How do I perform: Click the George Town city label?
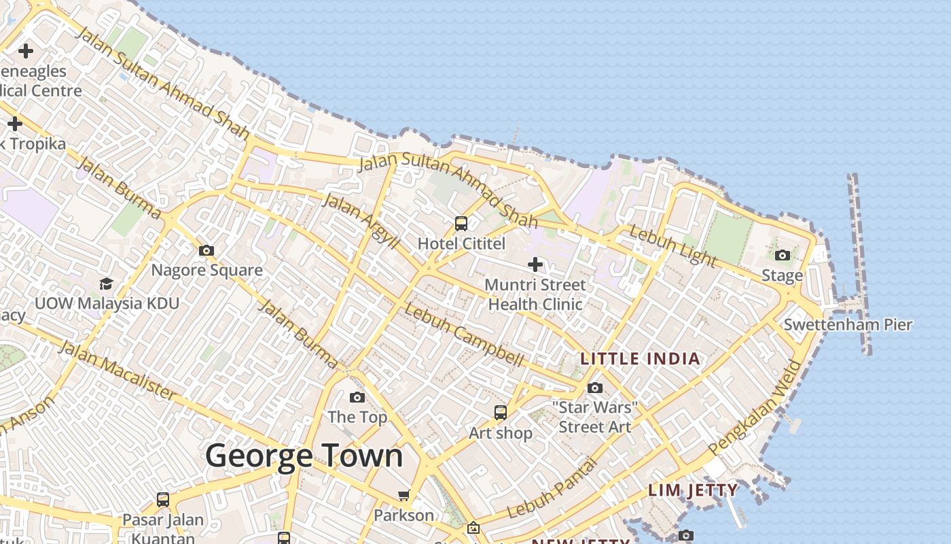click(304, 456)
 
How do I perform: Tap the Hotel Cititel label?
click(461, 243)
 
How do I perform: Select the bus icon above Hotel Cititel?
click(461, 223)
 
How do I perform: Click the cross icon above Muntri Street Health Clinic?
click(535, 264)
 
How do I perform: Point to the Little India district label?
click(640, 358)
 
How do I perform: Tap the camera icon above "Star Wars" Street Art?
click(595, 388)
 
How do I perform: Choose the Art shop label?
click(501, 432)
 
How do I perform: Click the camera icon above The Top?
click(357, 397)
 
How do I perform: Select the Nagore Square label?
click(207, 270)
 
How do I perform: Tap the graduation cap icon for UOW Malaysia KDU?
click(106, 283)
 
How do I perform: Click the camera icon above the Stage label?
click(783, 255)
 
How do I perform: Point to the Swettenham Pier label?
click(848, 324)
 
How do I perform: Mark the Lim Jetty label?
click(692, 490)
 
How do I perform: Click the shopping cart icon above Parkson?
click(404, 494)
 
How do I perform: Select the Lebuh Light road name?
click(672, 246)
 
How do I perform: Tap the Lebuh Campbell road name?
click(465, 335)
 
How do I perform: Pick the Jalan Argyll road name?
click(360, 220)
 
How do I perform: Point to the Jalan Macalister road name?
click(117, 370)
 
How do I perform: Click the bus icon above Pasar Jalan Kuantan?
click(163, 500)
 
